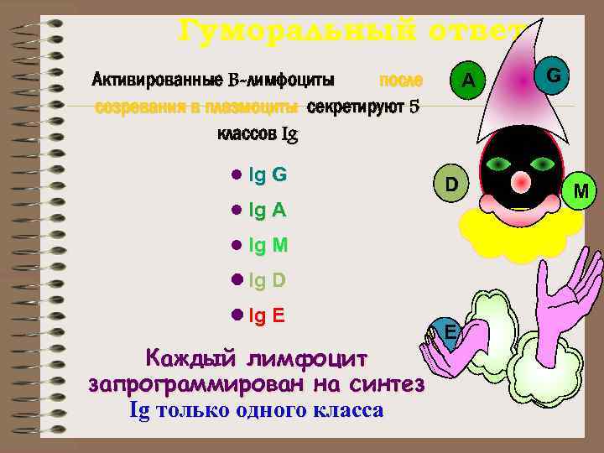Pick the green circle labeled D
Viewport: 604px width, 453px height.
[450, 185]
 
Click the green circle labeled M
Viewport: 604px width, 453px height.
[581, 195]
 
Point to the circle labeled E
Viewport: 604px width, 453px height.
[450, 332]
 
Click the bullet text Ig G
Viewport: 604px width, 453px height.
[268, 175]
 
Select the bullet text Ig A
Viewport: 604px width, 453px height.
[268, 211]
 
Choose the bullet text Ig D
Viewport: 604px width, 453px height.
[268, 280]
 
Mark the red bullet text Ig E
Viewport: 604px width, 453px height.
[267, 315]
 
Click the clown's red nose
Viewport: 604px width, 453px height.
[522, 180]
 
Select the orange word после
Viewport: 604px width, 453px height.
[401, 80]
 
